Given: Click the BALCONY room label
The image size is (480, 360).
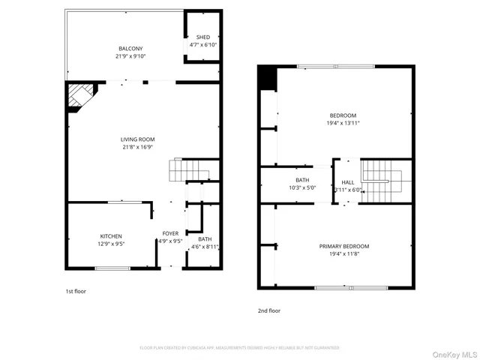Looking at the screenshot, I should (x=129, y=48).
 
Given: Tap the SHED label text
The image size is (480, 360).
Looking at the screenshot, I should (x=203, y=37).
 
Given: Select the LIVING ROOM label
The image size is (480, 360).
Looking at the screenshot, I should (x=137, y=139).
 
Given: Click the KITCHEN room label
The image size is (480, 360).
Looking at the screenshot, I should (x=111, y=236).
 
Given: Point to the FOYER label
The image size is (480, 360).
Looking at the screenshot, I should (x=170, y=233).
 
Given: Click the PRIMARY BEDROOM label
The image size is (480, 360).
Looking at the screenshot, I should (x=344, y=246).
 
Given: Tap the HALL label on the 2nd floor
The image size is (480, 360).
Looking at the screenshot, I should (x=348, y=182).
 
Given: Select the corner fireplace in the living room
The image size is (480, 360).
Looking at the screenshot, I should (x=79, y=97).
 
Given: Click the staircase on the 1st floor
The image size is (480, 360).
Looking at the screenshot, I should (x=184, y=172).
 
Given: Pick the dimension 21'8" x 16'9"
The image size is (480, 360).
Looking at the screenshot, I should (x=137, y=148).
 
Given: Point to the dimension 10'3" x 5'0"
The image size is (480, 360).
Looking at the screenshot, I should (x=302, y=187).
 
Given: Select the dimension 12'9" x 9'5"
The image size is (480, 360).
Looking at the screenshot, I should (x=111, y=244).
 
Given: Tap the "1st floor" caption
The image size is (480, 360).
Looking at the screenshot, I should (x=75, y=291).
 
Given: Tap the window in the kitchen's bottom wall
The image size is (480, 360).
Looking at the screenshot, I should (x=112, y=268).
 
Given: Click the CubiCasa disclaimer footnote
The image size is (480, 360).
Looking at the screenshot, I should (x=239, y=348).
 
